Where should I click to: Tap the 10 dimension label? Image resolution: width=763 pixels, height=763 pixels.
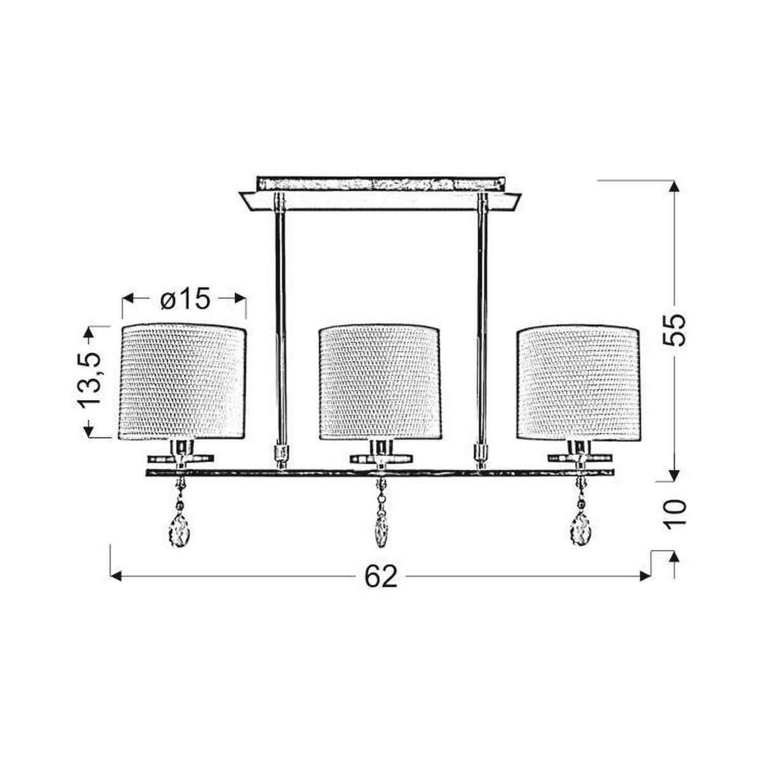coord(675,514)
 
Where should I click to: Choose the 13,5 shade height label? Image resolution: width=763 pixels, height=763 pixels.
coord(90,380)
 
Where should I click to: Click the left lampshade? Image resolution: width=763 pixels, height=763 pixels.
coord(182,381)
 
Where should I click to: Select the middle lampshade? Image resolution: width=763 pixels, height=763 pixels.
coord(380,381)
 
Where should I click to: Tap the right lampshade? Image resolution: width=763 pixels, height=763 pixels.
coord(578,381)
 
